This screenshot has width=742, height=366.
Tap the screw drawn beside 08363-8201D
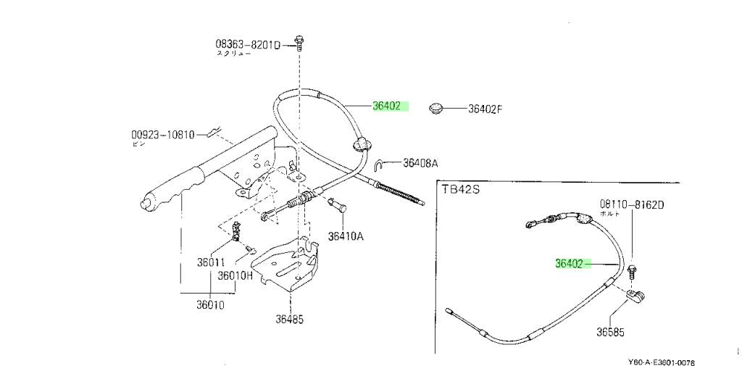pyautogui.click(x=298, y=41)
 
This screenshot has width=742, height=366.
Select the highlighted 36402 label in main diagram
pyautogui.click(x=387, y=106)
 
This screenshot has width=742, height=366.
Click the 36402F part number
pyautogui.click(x=485, y=109)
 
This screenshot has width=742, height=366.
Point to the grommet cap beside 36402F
pyautogui.click(x=435, y=108)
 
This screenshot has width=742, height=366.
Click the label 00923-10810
pyautogui.click(x=163, y=135)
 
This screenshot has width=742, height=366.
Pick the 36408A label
pyautogui.click(x=420, y=164)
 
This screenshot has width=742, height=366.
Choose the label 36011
pyautogui.click(x=212, y=262)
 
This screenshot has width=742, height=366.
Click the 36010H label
pyautogui.click(x=236, y=275)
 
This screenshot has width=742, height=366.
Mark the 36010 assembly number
pyautogui.click(x=209, y=305)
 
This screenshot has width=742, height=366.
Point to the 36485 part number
pyautogui.click(x=289, y=317)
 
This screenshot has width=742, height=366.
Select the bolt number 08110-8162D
pyautogui.click(x=631, y=204)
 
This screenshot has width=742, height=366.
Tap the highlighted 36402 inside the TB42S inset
pyautogui.click(x=569, y=264)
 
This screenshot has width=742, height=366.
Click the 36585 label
pyautogui.click(x=610, y=333)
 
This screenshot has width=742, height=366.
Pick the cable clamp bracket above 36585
pyautogui.click(x=635, y=295)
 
